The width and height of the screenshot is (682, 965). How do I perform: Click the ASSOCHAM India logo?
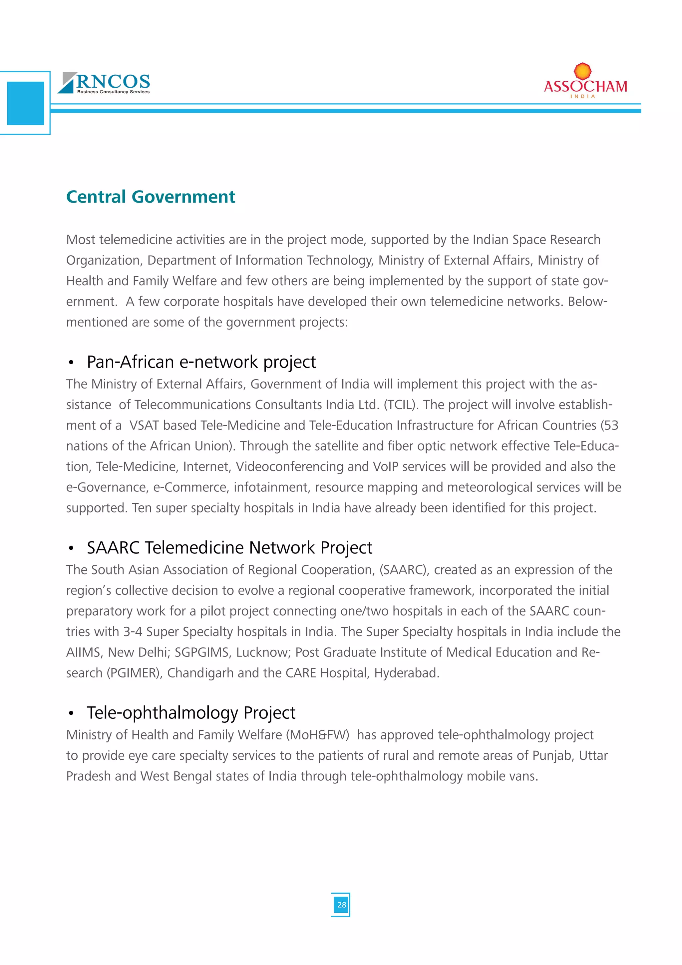pyautogui.click(x=585, y=82)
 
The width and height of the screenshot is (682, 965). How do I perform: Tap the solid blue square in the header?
pyautogui.click(x=26, y=103)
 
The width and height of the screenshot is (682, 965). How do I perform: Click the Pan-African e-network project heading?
pyautogui.click(x=201, y=362)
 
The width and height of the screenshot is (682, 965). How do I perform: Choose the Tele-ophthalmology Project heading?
pyautogui.click(x=191, y=713)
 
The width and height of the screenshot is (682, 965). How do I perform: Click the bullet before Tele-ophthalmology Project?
pyautogui.click(x=71, y=713)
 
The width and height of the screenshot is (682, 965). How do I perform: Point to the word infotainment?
pyautogui.click(x=272, y=487)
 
